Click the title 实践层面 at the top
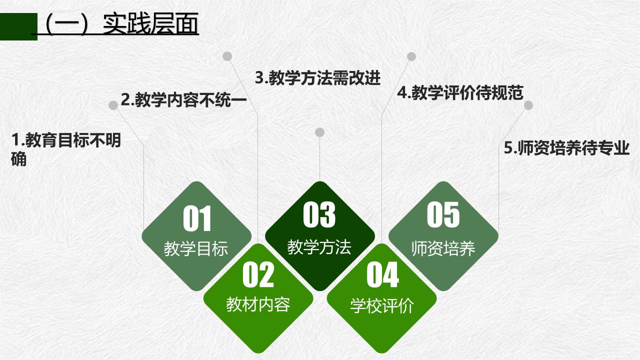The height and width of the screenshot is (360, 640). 150,23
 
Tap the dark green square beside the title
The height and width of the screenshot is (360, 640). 18,26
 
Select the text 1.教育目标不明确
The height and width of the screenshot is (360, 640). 66,149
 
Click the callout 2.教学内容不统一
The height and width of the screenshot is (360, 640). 183,99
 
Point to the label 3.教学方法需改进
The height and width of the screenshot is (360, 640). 317,77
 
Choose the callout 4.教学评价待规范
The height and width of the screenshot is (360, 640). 460,92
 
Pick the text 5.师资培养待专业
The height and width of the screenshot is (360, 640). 567,147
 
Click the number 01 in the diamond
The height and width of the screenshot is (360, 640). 197,218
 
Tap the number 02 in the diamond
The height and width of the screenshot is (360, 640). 258,274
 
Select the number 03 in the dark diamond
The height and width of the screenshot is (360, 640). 319,214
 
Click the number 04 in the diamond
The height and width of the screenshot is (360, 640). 382,274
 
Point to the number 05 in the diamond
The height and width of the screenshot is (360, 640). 443,214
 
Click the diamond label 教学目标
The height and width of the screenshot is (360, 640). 196,248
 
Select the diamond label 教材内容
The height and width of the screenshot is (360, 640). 258,304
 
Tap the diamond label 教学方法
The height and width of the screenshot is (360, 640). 319,247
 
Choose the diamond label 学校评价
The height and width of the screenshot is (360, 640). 382,305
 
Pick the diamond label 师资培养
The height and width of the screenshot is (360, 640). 443,248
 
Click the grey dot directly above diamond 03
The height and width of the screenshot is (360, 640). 319,132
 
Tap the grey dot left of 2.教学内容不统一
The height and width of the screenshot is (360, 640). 113,105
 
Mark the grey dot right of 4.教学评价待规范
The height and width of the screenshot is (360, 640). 528,105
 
